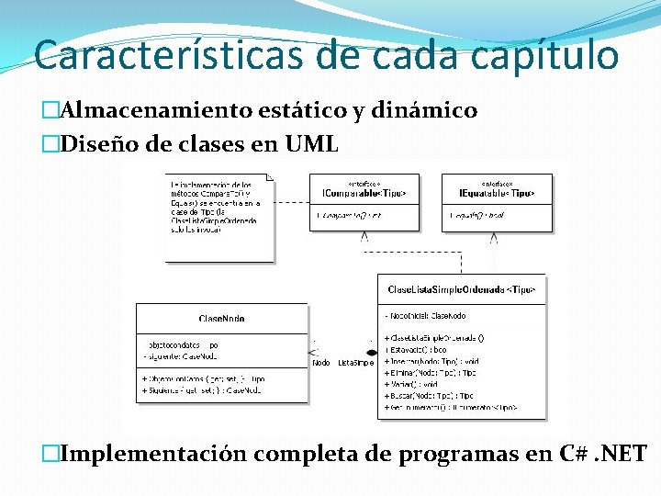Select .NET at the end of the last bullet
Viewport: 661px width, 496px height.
pos(621,455)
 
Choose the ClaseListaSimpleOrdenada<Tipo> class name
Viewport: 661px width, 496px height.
pos(461,289)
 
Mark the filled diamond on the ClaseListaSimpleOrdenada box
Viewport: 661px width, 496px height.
pos(371,352)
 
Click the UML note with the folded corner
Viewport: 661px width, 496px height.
pos(218,216)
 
